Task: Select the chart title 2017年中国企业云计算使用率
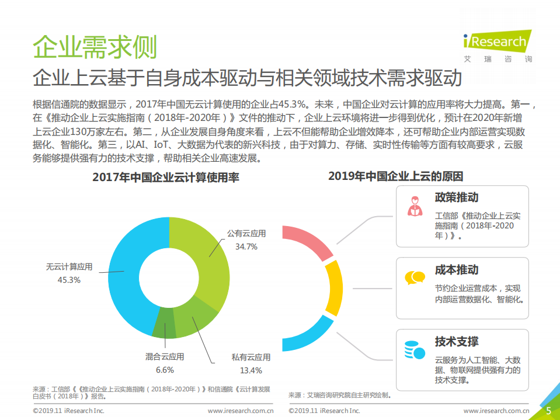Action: click(x=166, y=177)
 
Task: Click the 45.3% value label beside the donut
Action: click(x=69, y=280)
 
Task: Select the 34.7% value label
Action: click(x=246, y=247)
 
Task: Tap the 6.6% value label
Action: click(x=165, y=370)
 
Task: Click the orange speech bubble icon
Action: click(x=415, y=277)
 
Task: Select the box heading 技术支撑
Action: click(x=457, y=341)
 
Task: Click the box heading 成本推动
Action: click(x=457, y=270)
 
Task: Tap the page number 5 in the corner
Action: click(x=548, y=410)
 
